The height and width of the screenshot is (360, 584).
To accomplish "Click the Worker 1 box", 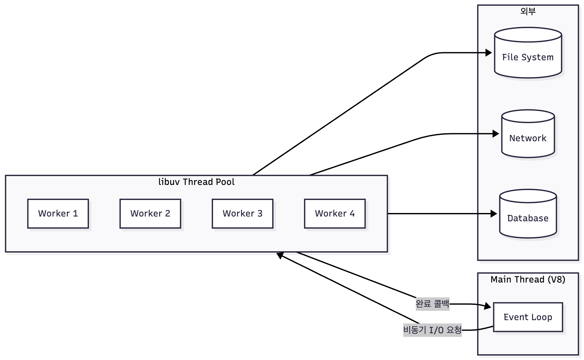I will [x=58, y=214].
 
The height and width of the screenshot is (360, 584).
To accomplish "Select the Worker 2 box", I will [x=150, y=214].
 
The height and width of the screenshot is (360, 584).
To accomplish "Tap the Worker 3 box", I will [x=242, y=214].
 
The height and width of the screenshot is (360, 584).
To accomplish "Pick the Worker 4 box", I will [x=335, y=214].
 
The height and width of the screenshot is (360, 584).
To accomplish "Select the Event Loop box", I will [x=528, y=317].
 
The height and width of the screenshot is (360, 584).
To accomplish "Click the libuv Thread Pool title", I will [x=196, y=182].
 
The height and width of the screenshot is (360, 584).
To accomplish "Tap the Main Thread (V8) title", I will [x=528, y=280].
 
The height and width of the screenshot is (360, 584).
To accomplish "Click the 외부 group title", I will [x=528, y=11].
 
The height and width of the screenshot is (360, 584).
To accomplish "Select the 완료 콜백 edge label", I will [x=432, y=304].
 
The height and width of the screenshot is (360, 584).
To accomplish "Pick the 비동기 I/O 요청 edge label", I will [x=432, y=330].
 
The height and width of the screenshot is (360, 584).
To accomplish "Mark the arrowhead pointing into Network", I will [x=496, y=134].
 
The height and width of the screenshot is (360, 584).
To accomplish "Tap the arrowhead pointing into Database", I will [x=494, y=214].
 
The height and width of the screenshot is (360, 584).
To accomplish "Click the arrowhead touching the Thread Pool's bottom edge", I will [x=280, y=255].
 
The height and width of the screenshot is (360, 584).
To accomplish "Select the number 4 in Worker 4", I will [x=352, y=214].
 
